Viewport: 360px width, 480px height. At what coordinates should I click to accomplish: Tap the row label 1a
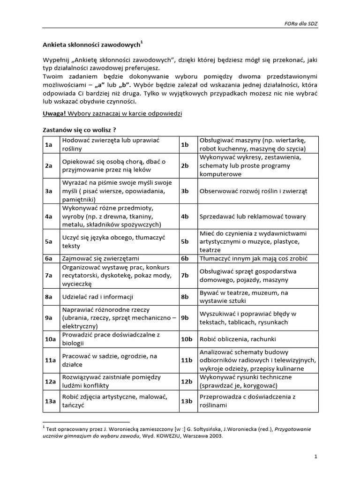[x=48, y=145]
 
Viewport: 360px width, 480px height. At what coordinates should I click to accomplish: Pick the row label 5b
[x=185, y=241]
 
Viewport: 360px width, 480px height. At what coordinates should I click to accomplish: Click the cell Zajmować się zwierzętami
[x=101, y=258]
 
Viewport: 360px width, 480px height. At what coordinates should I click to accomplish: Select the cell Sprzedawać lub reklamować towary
[x=252, y=217]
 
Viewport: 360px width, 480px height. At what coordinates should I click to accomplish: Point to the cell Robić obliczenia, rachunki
[x=238, y=339]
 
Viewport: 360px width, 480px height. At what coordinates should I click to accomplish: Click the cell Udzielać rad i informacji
[x=97, y=297]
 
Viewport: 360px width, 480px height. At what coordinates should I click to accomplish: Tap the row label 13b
[x=187, y=402]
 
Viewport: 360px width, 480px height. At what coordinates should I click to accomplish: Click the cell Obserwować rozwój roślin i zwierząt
[x=253, y=191]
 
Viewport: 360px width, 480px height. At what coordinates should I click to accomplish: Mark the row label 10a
[x=50, y=339]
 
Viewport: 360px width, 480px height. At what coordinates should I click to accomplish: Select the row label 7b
[x=185, y=276]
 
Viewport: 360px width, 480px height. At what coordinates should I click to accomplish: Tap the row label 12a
[x=50, y=381]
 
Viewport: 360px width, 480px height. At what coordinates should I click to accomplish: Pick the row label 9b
[x=185, y=318]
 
